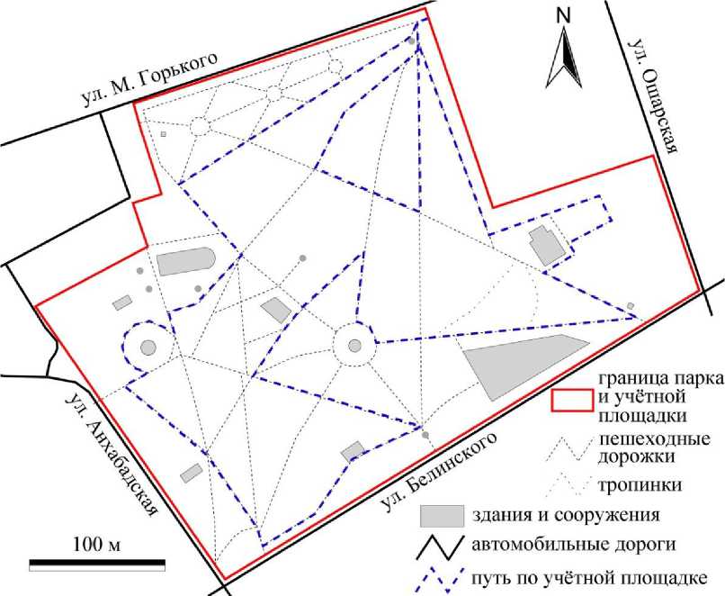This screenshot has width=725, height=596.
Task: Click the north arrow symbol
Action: click(x=567, y=58)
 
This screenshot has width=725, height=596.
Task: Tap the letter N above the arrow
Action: click(x=565, y=15)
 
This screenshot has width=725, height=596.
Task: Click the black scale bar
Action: click(x=98, y=565)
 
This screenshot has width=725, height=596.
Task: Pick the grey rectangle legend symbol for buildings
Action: click(x=443, y=516)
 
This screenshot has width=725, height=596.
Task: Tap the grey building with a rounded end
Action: click(x=186, y=262)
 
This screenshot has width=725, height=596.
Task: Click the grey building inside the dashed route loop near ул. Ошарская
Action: click(x=545, y=246)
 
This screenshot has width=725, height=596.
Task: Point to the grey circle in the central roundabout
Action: click(x=354, y=343)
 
